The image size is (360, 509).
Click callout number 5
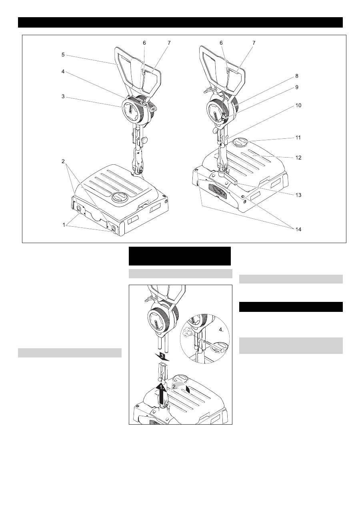pyautogui.click(x=63, y=55)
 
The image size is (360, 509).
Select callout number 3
pyautogui.click(x=63, y=96)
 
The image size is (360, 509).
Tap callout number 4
pyautogui.click(x=63, y=72)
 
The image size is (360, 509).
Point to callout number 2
pyautogui.click(x=63, y=161)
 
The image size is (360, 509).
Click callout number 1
pyautogui.click(x=64, y=225)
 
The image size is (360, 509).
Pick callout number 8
pyautogui.click(x=296, y=76)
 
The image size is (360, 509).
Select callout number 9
pyautogui.click(x=296, y=87)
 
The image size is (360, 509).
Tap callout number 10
pyautogui.click(x=298, y=106)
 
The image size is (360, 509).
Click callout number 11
pyautogui.click(x=298, y=138)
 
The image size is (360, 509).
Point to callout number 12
pyautogui.click(x=298, y=158)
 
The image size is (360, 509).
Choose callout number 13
pyautogui.click(x=298, y=195)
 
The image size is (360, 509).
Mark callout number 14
pyautogui.click(x=298, y=229)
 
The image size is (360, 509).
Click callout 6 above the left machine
pyautogui.click(x=144, y=43)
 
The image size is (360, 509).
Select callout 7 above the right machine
pyautogui.click(x=254, y=43)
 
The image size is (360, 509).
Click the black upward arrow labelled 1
pyautogui.click(x=161, y=393)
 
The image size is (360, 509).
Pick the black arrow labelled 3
pyautogui.click(x=162, y=356)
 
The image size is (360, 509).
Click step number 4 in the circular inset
pyautogui.click(x=221, y=330)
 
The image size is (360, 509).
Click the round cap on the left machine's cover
pyautogui.click(x=119, y=197)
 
